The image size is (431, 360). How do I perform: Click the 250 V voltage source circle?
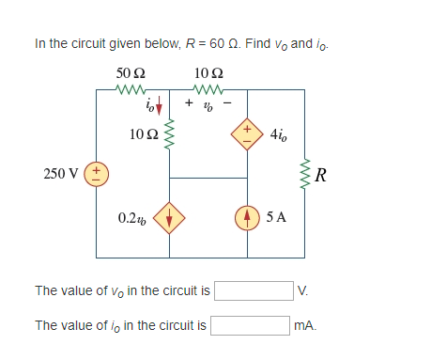[x=96, y=174]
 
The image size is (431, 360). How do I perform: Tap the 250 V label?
[x=62, y=174]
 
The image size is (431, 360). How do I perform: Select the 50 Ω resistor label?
[x=129, y=72]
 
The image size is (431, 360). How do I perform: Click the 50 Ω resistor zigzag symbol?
[x=129, y=90]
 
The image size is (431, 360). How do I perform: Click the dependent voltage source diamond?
[x=248, y=134]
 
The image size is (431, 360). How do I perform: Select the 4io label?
[x=280, y=134]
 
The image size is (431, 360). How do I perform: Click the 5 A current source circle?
[x=248, y=218]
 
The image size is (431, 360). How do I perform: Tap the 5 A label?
[x=278, y=218]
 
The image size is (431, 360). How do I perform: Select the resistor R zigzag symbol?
[x=304, y=174]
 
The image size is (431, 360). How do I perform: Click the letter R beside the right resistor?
[x=322, y=174]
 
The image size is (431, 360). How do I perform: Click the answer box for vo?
[x=253, y=290]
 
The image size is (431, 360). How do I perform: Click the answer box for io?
[x=250, y=325]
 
